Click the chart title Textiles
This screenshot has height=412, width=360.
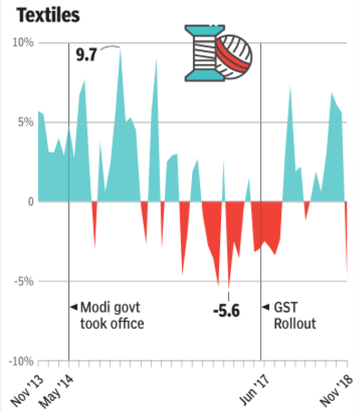48,15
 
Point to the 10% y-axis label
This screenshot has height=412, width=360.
23,43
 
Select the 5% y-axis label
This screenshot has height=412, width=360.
26,123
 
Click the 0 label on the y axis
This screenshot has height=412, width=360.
30,202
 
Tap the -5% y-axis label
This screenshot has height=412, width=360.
24,281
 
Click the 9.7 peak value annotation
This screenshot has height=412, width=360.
86,56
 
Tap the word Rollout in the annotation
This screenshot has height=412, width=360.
295,323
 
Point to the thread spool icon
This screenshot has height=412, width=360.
201,52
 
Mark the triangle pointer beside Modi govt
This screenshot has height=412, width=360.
73,308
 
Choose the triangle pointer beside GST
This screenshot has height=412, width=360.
265,308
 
